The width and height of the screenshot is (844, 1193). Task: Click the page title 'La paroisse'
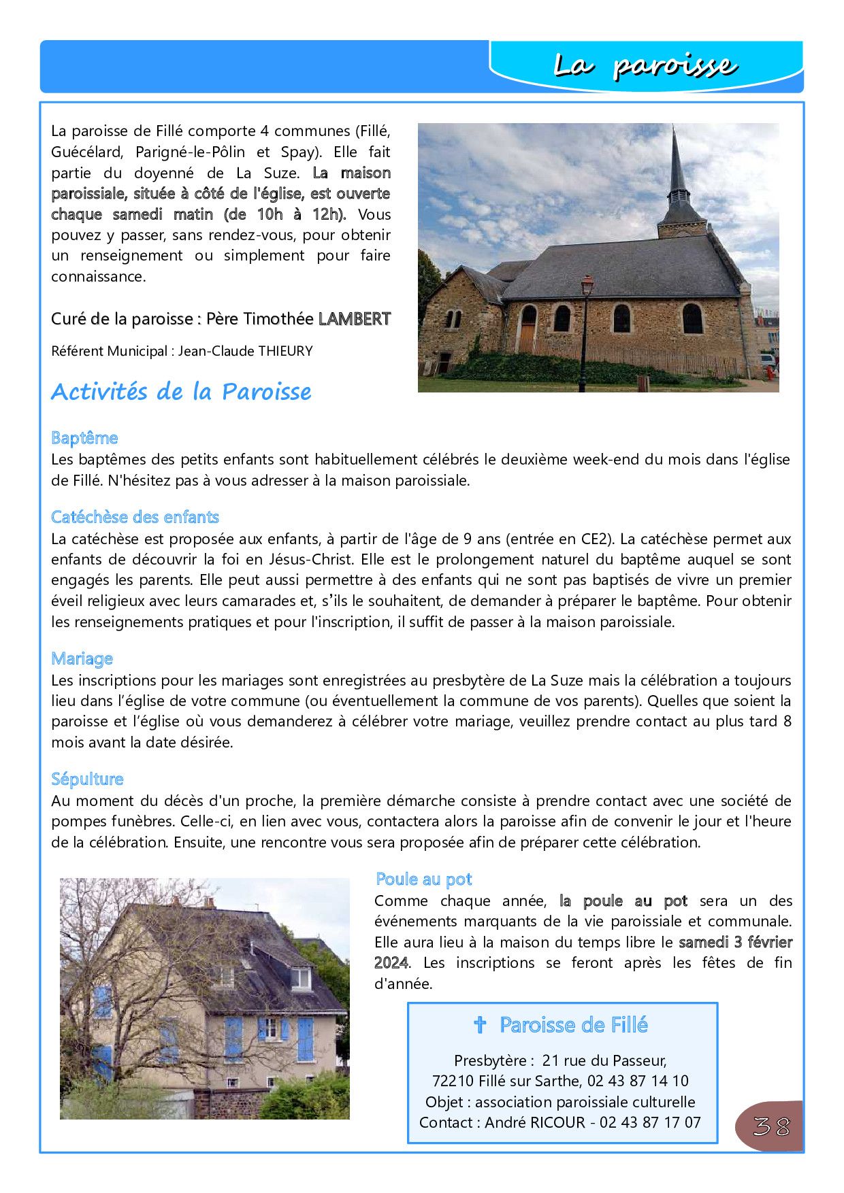pyautogui.click(x=644, y=66)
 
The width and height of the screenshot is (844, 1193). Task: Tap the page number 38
pyautogui.click(x=771, y=1127)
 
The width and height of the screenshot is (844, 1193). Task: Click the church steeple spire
pyautogui.click(x=677, y=167)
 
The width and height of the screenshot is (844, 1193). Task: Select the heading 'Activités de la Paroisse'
pyautogui.click(x=181, y=392)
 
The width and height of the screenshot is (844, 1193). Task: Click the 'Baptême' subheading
pyautogui.click(x=84, y=438)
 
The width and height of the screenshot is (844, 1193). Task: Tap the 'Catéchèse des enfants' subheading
pyautogui.click(x=135, y=517)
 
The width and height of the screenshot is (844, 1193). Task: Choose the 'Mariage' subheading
pyautogui.click(x=82, y=658)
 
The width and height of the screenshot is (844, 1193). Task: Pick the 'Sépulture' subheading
pyautogui.click(x=87, y=779)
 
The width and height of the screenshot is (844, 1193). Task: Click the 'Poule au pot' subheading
pyautogui.click(x=423, y=879)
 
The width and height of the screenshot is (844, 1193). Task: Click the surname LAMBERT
pyautogui.click(x=355, y=319)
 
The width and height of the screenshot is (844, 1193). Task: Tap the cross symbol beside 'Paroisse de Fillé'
pyautogui.click(x=480, y=1025)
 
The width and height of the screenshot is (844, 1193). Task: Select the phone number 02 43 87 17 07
pyautogui.click(x=650, y=1122)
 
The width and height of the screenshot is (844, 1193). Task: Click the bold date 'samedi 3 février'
pyautogui.click(x=735, y=942)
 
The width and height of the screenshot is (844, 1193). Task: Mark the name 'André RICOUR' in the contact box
pyautogui.click(x=534, y=1122)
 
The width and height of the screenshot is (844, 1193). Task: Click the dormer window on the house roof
pyautogui.click(x=300, y=978)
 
